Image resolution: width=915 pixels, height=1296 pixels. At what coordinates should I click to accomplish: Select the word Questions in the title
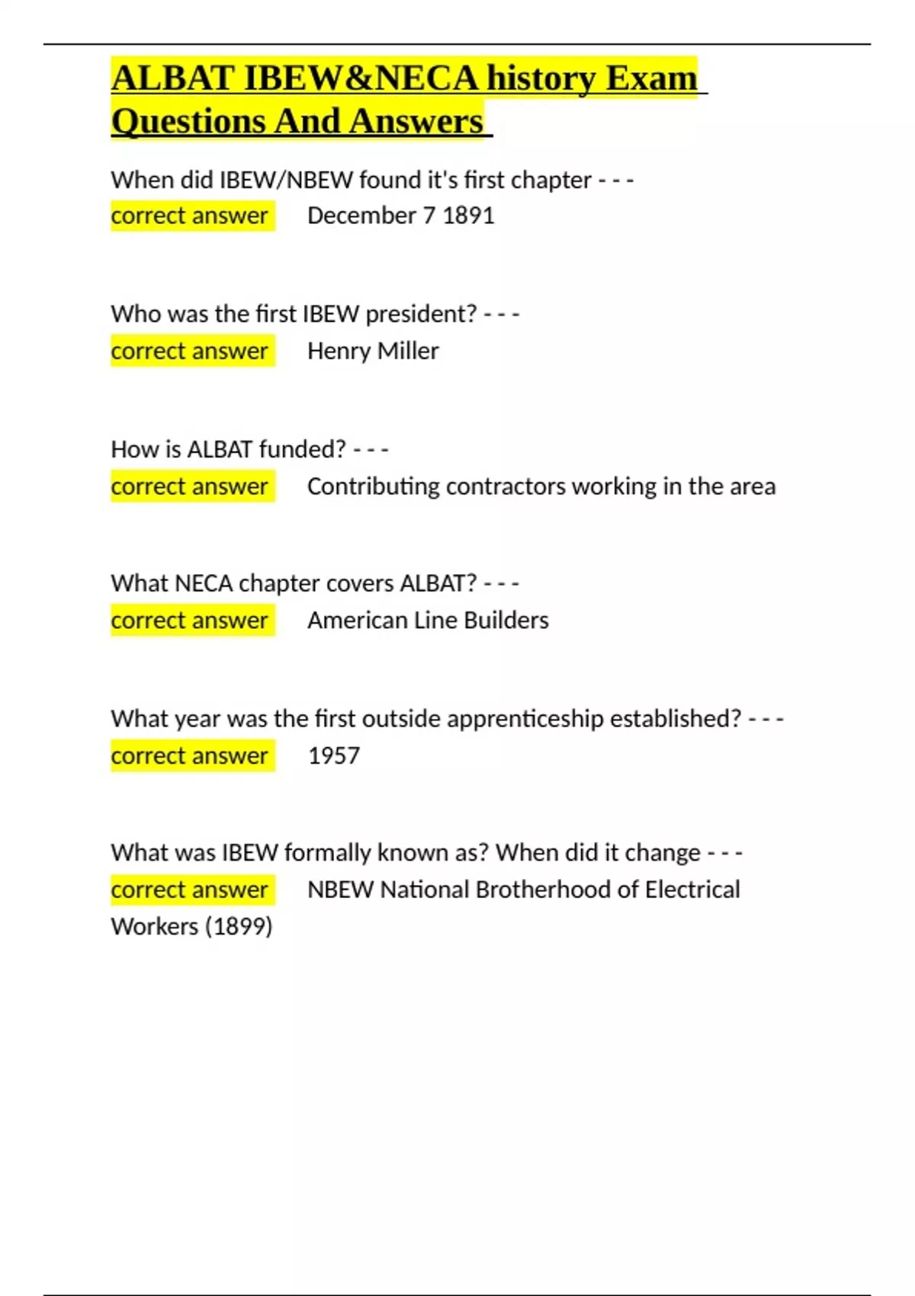click(188, 121)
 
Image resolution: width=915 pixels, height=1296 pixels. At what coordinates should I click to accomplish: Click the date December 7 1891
click(400, 216)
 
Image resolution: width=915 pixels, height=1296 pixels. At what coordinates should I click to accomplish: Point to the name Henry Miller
click(373, 351)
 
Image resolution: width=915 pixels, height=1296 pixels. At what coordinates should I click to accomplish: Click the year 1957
click(333, 755)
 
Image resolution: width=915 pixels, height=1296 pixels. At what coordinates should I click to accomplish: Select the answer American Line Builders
click(428, 621)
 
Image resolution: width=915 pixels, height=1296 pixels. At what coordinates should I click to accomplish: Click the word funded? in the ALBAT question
click(302, 449)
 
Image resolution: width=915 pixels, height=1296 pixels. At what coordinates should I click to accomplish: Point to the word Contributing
click(373, 486)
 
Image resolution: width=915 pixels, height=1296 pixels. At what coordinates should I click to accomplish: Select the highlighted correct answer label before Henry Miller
click(189, 351)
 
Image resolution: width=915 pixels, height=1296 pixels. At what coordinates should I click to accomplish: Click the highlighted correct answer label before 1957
click(189, 755)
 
